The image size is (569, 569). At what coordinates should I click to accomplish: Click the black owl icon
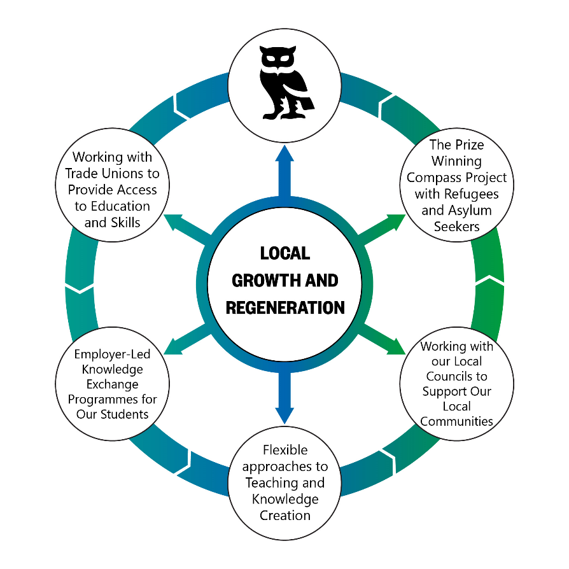(x=284, y=83)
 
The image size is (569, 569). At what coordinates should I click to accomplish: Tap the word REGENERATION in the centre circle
(x=285, y=307)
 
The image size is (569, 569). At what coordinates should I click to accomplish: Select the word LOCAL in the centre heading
(x=285, y=253)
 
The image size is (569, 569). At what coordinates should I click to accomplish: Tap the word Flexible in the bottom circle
(x=284, y=450)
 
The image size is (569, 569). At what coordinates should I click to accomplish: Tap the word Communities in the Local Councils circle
(x=456, y=421)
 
